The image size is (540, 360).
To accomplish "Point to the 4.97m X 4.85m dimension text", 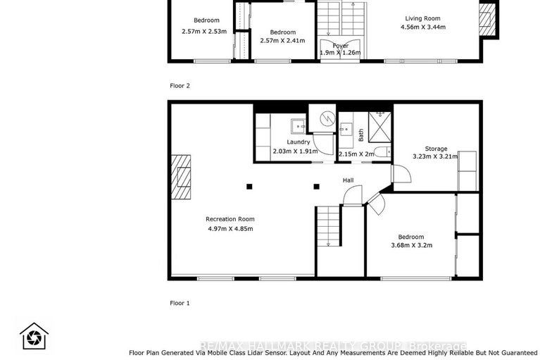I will pyautogui.click(x=230, y=228).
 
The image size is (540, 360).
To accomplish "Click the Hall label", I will pyautogui.click(x=348, y=180).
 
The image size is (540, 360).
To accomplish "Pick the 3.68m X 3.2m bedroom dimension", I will pyautogui.click(x=410, y=245).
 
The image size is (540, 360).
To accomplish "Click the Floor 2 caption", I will pyautogui.click(x=180, y=85).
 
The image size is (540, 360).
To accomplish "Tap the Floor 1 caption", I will pyautogui.click(x=180, y=303).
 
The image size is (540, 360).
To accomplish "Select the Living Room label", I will pyautogui.click(x=422, y=19).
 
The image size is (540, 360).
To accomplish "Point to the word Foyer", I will pyautogui.click(x=341, y=46).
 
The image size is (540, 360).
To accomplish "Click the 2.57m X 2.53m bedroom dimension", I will pyautogui.click(x=204, y=31).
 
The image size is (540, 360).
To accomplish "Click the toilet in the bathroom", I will pyautogui.click(x=379, y=152).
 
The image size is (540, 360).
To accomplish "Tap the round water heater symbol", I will pyautogui.click(x=323, y=120).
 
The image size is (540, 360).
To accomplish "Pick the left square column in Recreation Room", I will pyautogui.click(x=249, y=187).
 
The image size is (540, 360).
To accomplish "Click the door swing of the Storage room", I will pyautogui.click(x=398, y=170).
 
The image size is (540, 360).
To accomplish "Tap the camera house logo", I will pyautogui.click(x=33, y=337).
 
